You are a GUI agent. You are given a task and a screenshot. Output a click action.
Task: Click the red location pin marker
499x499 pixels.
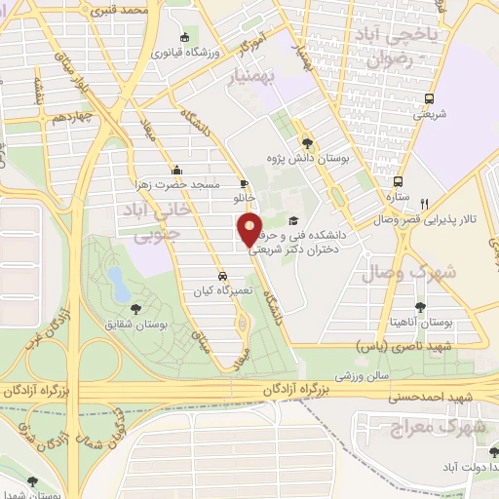[x=249, y=230]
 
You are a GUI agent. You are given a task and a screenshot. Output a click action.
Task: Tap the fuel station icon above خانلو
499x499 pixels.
[x=243, y=182]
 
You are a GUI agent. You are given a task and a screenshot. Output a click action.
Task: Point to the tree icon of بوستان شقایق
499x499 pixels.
[x=135, y=310]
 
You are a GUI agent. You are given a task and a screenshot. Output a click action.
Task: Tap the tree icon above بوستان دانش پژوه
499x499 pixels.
[x=307, y=138]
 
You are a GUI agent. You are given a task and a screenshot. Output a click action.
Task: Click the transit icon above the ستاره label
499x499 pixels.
[x=398, y=181]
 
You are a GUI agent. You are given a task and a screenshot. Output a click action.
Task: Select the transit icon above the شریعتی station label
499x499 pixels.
[x=430, y=98]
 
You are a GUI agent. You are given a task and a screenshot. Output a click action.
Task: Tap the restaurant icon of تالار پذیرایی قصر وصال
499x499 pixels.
[x=425, y=204]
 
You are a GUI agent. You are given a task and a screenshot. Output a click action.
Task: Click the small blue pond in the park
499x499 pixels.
[x=118, y=284]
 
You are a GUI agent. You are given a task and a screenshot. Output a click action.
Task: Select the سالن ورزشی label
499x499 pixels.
[x=364, y=372]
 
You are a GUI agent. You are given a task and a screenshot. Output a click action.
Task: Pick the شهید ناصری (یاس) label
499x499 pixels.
[x=426, y=345]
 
